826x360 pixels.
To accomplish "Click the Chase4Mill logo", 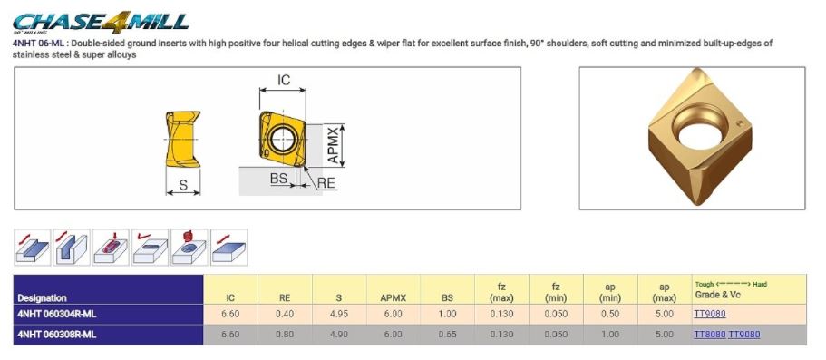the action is click(x=100, y=22).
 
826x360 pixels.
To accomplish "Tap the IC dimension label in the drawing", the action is click(x=284, y=80).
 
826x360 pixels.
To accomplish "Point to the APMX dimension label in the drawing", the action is click(x=333, y=145).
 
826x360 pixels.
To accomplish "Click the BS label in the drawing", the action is click(x=278, y=178).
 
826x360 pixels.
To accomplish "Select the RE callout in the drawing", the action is click(x=326, y=183).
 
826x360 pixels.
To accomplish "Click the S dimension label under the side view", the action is click(x=183, y=185).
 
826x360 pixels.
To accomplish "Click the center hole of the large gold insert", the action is click(x=700, y=129).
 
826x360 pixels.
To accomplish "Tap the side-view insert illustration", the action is click(x=183, y=139).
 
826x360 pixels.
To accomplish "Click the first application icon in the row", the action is click(x=33, y=247).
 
